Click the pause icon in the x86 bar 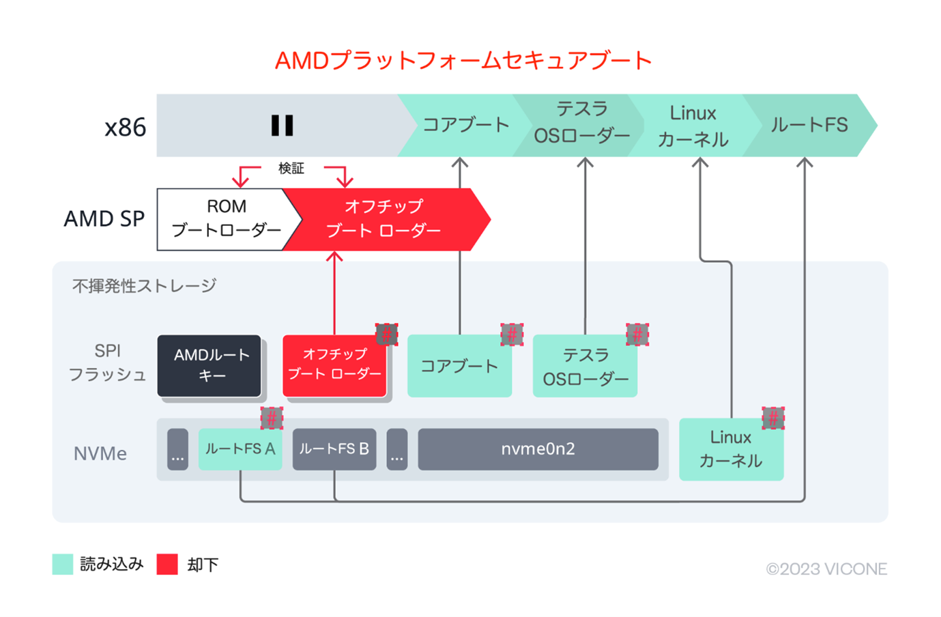pyautogui.click(x=282, y=126)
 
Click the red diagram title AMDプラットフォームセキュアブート pyautogui.click(x=463, y=61)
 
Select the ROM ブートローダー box pyautogui.click(x=226, y=219)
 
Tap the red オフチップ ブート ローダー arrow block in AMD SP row pyautogui.click(x=383, y=219)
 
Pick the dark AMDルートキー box pyautogui.click(x=209, y=365)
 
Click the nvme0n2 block pyautogui.click(x=538, y=449)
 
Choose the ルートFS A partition pyautogui.click(x=240, y=449)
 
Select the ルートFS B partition pyautogui.click(x=334, y=449)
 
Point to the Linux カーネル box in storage pyautogui.click(x=731, y=449)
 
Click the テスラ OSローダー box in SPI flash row pyautogui.click(x=585, y=367)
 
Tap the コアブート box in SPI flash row pyautogui.click(x=459, y=367)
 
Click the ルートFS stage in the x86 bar pyautogui.click(x=809, y=126)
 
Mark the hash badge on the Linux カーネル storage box pyautogui.click(x=773, y=418)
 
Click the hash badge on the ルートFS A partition pyautogui.click(x=272, y=418)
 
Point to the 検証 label pyautogui.click(x=291, y=169)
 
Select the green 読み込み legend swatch pyautogui.click(x=63, y=564)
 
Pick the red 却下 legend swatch pyautogui.click(x=167, y=564)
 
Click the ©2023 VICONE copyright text pyautogui.click(x=826, y=569)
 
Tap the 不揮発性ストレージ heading pyautogui.click(x=144, y=286)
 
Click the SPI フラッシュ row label pyautogui.click(x=107, y=363)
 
